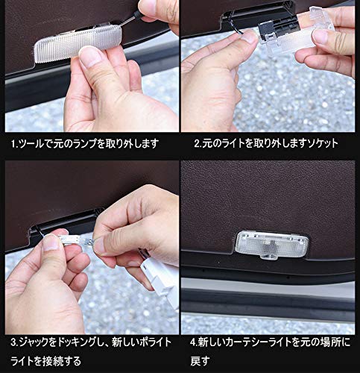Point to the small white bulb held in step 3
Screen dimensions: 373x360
tap(75, 238)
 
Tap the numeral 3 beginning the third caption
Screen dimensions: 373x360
tap(13, 344)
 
